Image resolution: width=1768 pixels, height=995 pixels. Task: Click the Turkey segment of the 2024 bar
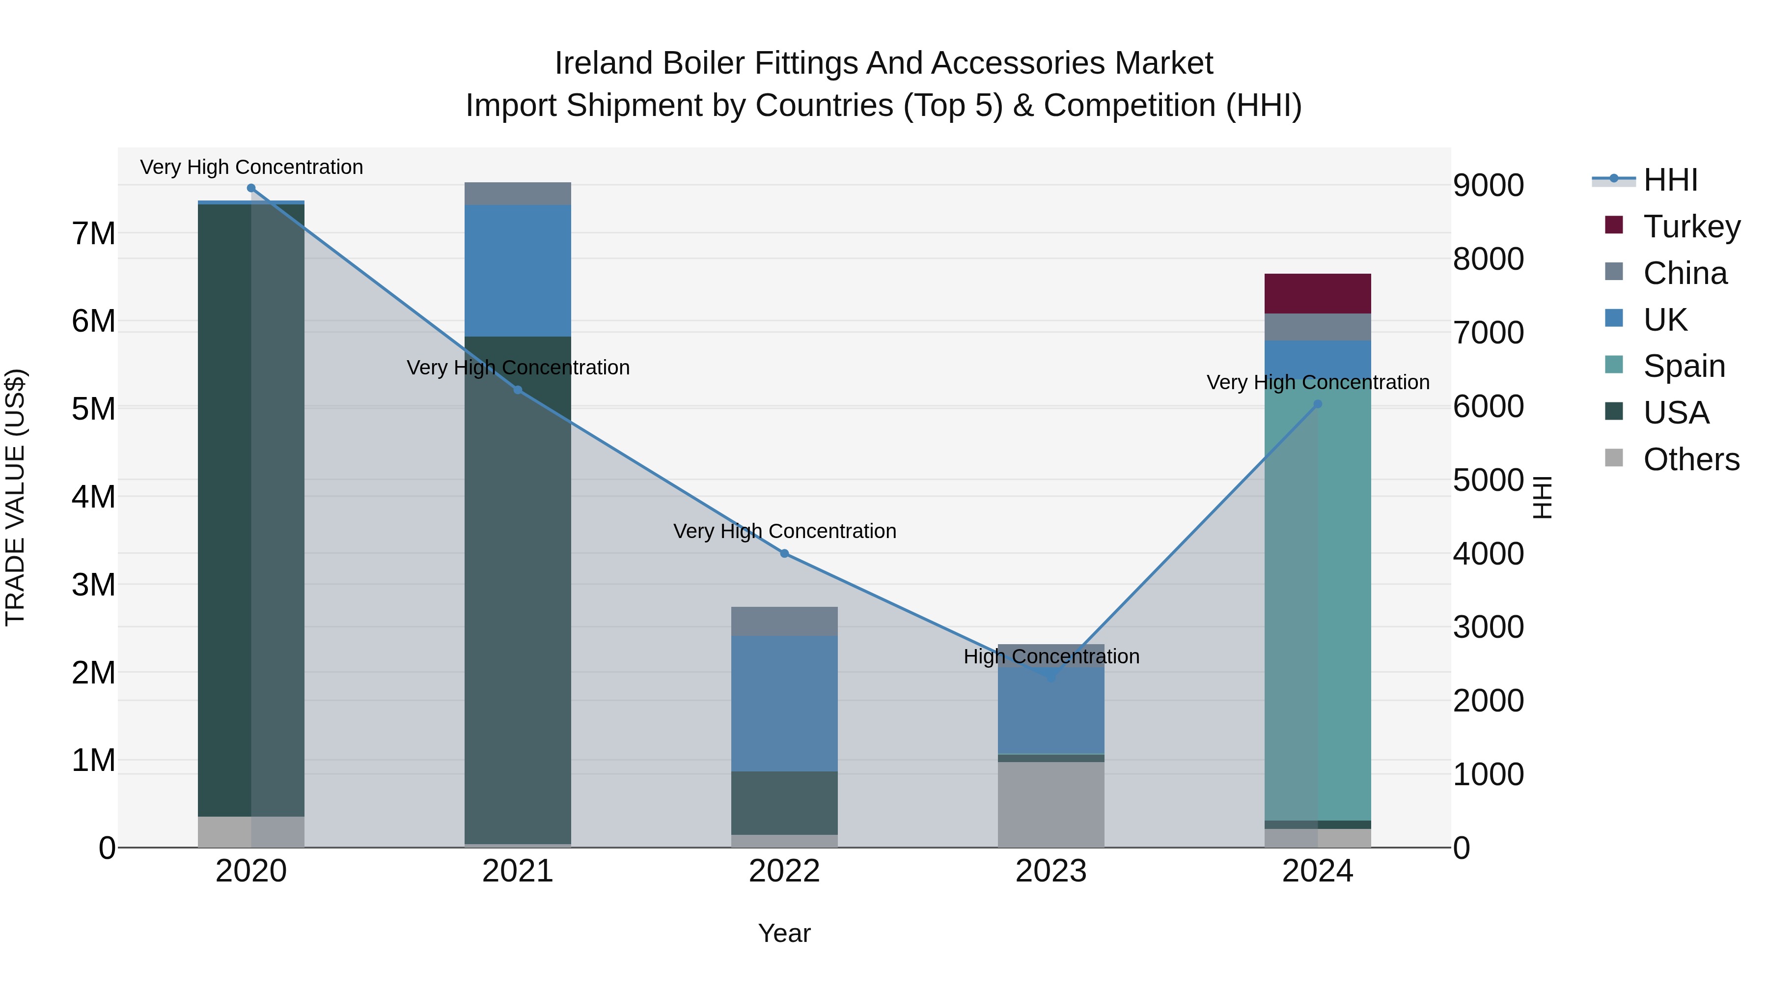pyautogui.click(x=1317, y=293)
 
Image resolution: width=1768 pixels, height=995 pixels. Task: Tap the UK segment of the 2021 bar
pyautogui.click(x=518, y=271)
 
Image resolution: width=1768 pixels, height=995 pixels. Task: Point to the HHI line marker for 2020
pyautogui.click(x=251, y=188)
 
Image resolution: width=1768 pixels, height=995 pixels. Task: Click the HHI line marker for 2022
pyautogui.click(x=784, y=553)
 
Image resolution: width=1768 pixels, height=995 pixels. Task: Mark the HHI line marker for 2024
pyautogui.click(x=1317, y=404)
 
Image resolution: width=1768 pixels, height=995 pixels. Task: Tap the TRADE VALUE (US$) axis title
pyautogui.click(x=15, y=497)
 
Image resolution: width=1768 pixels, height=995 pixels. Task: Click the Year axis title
pyautogui.click(x=784, y=933)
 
